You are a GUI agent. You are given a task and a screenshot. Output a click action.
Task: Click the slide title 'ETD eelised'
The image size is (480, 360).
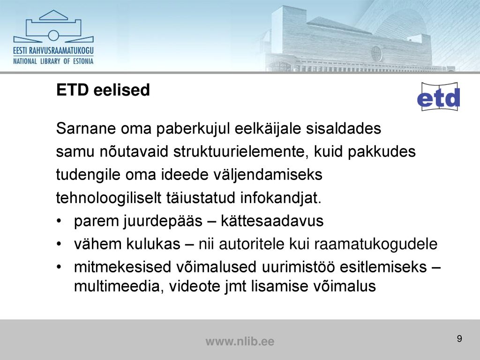[103, 90]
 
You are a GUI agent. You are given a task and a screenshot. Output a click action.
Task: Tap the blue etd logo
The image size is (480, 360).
[439, 97]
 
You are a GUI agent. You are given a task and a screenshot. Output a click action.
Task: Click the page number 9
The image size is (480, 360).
[459, 338]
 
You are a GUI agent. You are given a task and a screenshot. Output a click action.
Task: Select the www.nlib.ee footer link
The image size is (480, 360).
[240, 341]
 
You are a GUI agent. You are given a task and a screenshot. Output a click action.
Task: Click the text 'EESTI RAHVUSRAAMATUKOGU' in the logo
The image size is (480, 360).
[53, 51]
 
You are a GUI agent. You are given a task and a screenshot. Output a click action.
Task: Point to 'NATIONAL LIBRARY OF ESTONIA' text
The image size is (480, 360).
[53, 61]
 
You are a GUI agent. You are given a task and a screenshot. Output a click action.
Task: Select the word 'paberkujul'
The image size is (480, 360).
[193, 129]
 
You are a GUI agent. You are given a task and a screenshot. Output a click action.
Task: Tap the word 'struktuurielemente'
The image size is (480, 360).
[241, 151]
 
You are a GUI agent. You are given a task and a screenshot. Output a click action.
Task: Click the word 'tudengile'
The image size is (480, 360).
[88, 175]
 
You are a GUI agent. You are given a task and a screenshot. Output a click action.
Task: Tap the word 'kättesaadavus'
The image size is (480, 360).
[272, 221]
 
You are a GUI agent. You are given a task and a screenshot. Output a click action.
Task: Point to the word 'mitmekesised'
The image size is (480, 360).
[122, 267]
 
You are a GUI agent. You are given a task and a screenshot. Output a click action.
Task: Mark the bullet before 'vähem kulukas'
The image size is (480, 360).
[60, 244]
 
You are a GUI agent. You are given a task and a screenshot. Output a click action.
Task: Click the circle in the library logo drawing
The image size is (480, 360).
[53, 36]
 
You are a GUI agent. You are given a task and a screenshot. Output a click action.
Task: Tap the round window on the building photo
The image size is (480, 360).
[376, 53]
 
